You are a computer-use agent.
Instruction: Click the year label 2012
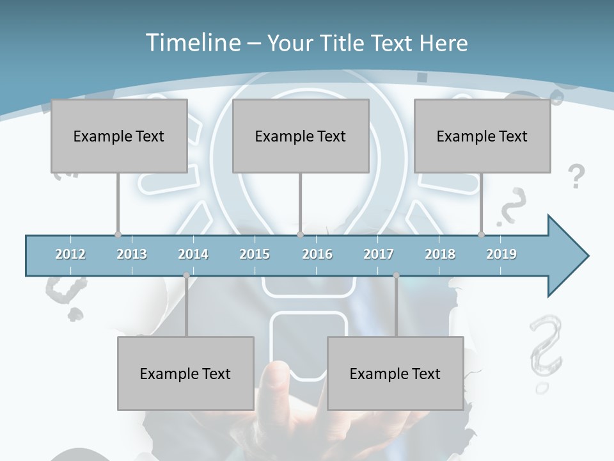[70, 254]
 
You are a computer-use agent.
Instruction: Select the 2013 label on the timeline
[132, 254]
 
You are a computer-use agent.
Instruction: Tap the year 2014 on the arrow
[193, 254]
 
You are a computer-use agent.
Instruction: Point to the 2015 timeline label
[255, 254]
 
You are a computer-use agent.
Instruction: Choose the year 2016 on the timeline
[317, 254]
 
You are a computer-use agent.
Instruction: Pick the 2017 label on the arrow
[379, 254]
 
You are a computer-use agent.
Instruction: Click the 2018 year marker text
[440, 254]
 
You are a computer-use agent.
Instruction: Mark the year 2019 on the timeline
[501, 254]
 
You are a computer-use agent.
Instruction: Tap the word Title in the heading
[342, 43]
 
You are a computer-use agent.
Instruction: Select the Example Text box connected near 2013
[119, 136]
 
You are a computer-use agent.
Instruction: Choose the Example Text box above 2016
[301, 136]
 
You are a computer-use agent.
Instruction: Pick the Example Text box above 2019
[482, 136]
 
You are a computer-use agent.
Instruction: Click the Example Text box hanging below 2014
[185, 373]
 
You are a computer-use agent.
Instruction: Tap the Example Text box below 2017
[395, 373]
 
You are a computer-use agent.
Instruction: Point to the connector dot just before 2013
[118, 234]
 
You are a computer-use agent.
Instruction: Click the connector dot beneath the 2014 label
[186, 275]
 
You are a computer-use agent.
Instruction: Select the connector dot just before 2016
[300, 234]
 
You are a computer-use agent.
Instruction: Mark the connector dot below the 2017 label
[396, 275]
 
